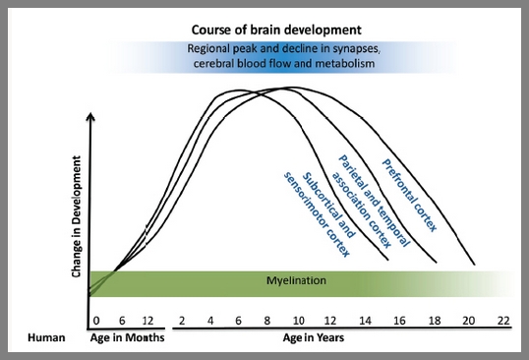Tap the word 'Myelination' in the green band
pyautogui.click(x=296, y=281)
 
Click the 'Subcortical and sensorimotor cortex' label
pyautogui.click(x=319, y=211)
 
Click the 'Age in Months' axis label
pyautogui.click(x=128, y=337)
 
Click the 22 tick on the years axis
pyautogui.click(x=503, y=320)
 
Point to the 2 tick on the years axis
pyautogui.click(x=183, y=320)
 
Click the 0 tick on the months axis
pyautogui.click(x=96, y=320)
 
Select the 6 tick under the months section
pyautogui.click(x=120, y=320)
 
